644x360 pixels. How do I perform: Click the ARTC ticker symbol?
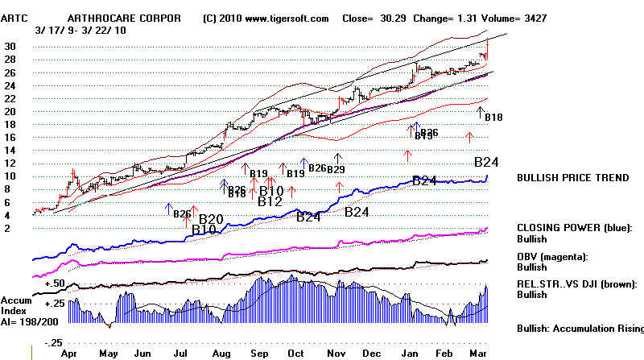tap(18, 18)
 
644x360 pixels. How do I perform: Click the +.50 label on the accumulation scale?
tap(56, 283)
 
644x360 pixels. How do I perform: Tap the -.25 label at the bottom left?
tap(56, 342)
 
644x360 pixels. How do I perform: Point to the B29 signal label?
tap(336, 169)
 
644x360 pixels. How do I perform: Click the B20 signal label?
tap(211, 219)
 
